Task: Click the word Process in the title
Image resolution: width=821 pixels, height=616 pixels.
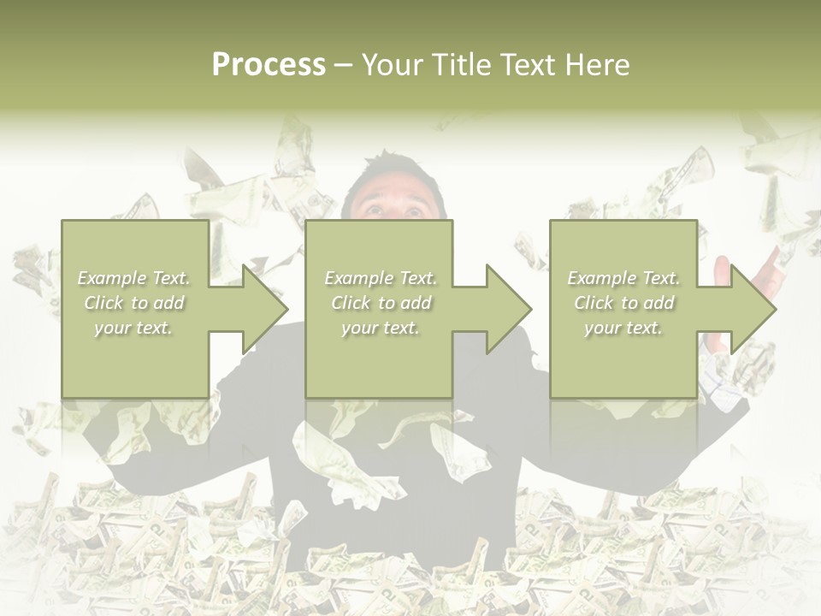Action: click(x=269, y=65)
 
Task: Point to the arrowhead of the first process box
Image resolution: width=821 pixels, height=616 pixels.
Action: click(x=264, y=309)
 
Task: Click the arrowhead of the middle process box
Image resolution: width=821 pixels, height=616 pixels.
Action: click(x=508, y=309)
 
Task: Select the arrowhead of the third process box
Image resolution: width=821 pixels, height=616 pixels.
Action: click(x=753, y=309)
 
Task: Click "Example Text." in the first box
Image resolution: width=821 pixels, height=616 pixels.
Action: click(x=134, y=278)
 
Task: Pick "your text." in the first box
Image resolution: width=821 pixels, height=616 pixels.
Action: click(x=134, y=328)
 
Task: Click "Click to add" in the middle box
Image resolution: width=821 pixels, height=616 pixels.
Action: click(x=381, y=303)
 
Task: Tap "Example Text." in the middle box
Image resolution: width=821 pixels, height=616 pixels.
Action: click(x=381, y=278)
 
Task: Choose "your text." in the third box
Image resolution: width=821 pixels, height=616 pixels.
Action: click(x=623, y=328)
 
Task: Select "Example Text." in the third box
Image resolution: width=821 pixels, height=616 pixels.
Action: click(x=623, y=278)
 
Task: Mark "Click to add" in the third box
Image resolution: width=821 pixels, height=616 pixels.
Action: click(x=623, y=303)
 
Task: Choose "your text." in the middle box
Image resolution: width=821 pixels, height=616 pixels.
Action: click(x=381, y=328)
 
